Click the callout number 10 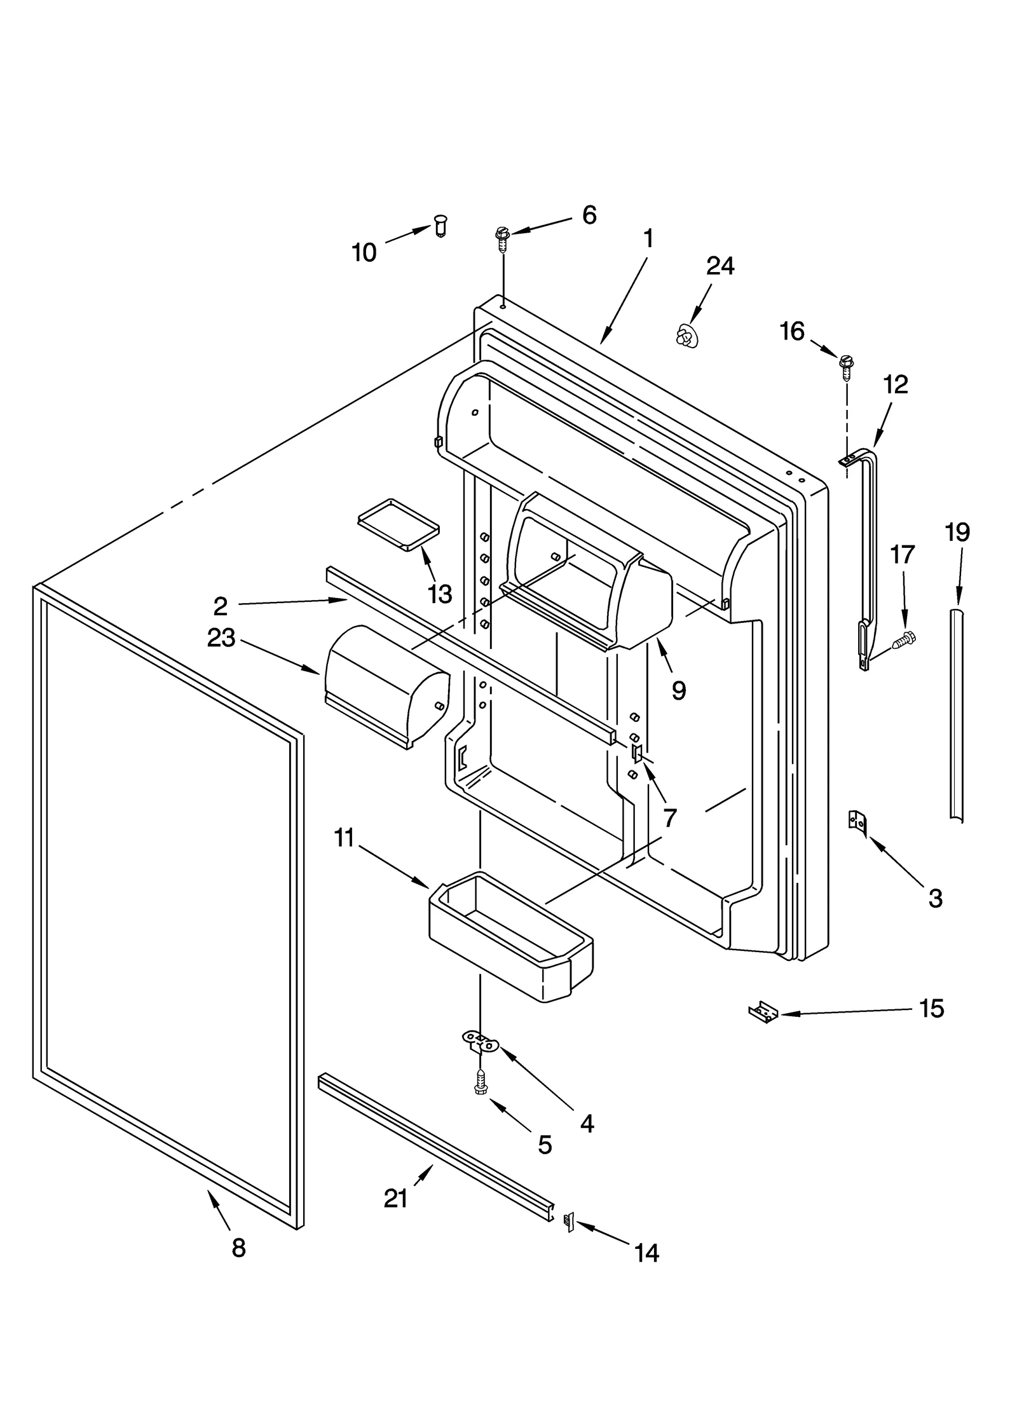(x=364, y=253)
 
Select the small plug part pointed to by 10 (x=440, y=225)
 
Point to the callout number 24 (x=720, y=266)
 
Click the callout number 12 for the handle (x=896, y=385)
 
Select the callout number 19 (x=957, y=532)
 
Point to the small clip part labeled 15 (x=763, y=1011)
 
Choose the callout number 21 (x=395, y=1199)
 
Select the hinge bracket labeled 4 (x=479, y=1040)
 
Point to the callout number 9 (x=678, y=690)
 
